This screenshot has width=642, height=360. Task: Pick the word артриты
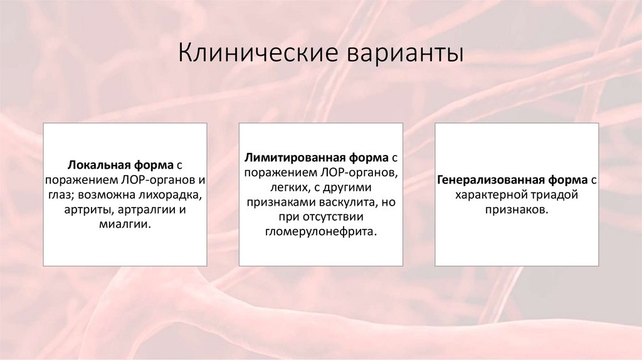(87, 209)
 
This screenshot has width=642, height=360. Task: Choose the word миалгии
(124, 224)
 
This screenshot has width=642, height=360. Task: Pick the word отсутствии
(333, 216)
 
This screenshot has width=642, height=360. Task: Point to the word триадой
(555, 194)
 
